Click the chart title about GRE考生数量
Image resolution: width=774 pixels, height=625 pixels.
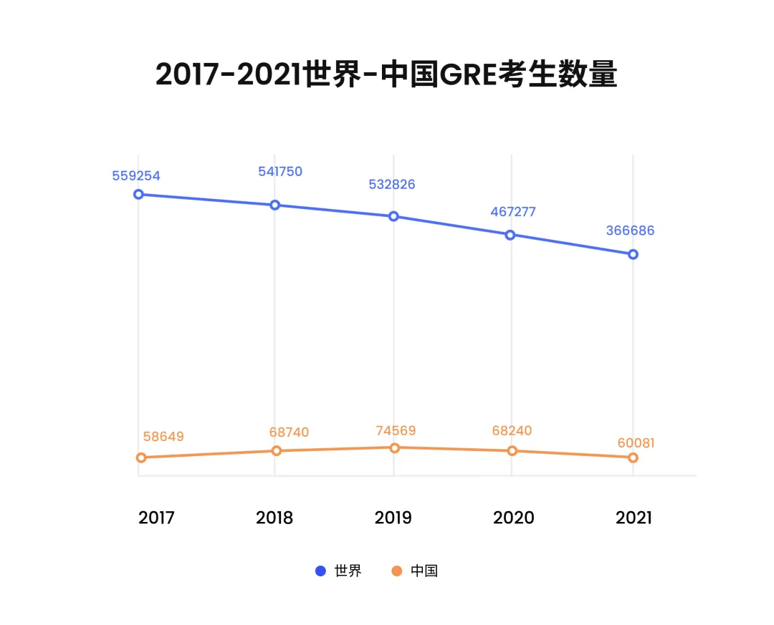pyautogui.click(x=386, y=74)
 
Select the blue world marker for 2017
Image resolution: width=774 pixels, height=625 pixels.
pyautogui.click(x=138, y=194)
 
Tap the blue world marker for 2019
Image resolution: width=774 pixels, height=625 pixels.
pyautogui.click(x=393, y=216)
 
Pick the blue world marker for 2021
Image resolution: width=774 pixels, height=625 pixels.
pyautogui.click(x=633, y=254)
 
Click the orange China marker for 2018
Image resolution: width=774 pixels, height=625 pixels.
pyautogui.click(x=276, y=450)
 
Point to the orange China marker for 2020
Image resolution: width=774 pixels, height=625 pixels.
pyautogui.click(x=512, y=450)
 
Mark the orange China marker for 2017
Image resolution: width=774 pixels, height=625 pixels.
pyautogui.click(x=141, y=457)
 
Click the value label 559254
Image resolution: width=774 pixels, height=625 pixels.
pyautogui.click(x=136, y=175)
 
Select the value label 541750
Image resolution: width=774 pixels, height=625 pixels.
pyautogui.click(x=280, y=171)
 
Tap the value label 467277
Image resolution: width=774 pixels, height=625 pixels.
pyautogui.click(x=513, y=212)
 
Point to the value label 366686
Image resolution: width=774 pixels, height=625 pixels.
pyautogui.click(x=630, y=231)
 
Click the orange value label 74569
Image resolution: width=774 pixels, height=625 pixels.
pyautogui.click(x=396, y=430)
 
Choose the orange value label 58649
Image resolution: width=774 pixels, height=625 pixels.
pyautogui.click(x=163, y=436)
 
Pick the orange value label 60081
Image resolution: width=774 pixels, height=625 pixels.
pyautogui.click(x=636, y=443)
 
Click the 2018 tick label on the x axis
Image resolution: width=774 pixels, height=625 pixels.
pyautogui.click(x=274, y=518)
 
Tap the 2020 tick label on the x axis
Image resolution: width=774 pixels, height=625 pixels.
pyautogui.click(x=513, y=518)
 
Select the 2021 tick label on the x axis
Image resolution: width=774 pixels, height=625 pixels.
pyautogui.click(x=634, y=518)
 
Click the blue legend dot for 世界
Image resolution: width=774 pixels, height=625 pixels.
pyautogui.click(x=321, y=571)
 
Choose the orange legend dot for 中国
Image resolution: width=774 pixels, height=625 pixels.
pyautogui.click(x=396, y=571)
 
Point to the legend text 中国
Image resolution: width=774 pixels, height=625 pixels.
pyautogui.click(x=424, y=571)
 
